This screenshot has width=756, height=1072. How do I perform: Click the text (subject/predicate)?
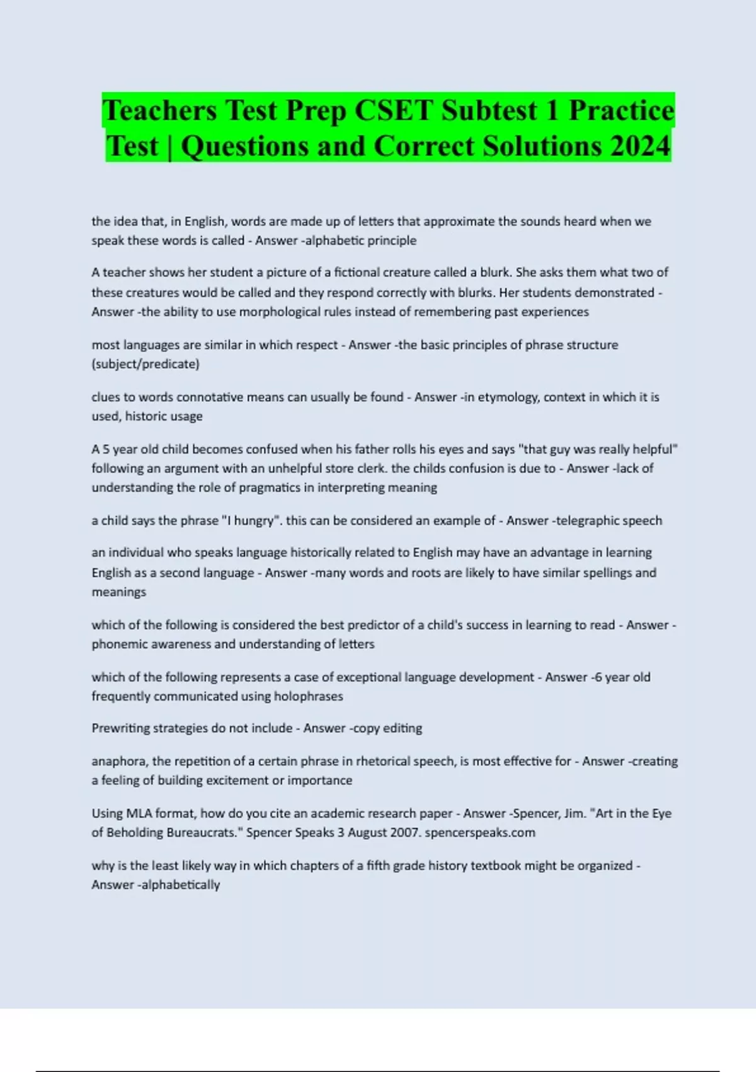(146, 364)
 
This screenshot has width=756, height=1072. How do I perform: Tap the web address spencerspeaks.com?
(480, 832)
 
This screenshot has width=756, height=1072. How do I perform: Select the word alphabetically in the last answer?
(181, 885)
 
